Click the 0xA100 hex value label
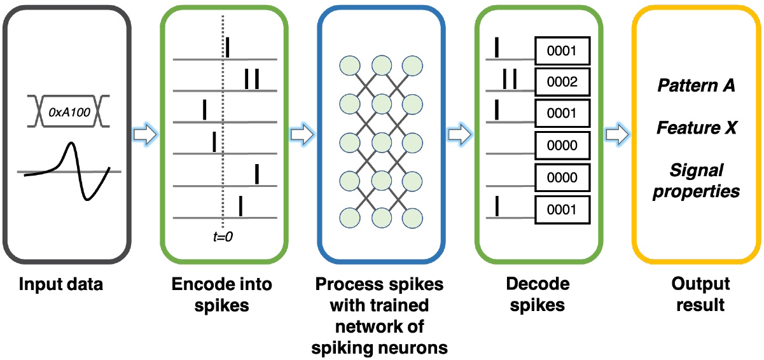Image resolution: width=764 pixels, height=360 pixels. click(69, 114)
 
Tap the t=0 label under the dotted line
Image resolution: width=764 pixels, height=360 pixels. click(223, 237)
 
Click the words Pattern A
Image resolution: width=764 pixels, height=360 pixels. click(696, 85)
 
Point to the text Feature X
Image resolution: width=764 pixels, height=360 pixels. click(696, 128)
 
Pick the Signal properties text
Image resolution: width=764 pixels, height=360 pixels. click(696, 181)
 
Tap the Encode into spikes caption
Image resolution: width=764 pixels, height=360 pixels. click(221, 294)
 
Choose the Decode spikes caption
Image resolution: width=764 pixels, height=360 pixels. click(538, 294)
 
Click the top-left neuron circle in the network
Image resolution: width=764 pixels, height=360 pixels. click(349, 65)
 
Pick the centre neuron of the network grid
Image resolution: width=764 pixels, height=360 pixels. click(381, 141)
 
